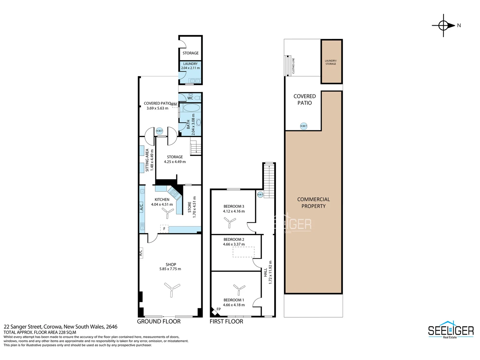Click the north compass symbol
(x=444, y=25)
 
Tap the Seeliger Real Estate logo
(x=451, y=330)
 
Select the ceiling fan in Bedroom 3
(x=230, y=222)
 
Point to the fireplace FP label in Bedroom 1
(x=219, y=309)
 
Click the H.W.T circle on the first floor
(x=260, y=194)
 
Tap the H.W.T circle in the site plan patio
(x=303, y=126)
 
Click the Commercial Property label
(x=313, y=203)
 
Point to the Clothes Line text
(x=293, y=66)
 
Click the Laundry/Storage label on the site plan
(x=331, y=62)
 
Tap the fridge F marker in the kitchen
(x=164, y=229)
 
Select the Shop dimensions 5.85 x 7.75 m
(x=170, y=269)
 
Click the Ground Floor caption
(x=159, y=321)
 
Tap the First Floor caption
(x=226, y=321)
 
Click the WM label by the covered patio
(x=174, y=104)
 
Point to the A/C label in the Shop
(x=141, y=253)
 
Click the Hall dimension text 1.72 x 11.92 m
(x=270, y=272)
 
